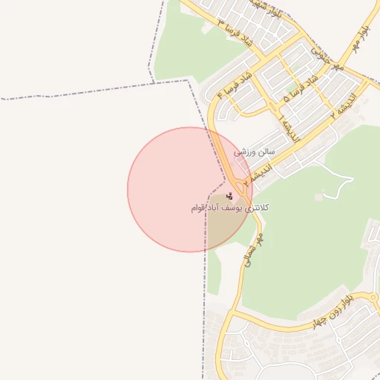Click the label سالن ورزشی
(255, 151)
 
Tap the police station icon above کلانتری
(230, 197)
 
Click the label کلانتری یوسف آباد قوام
(229, 209)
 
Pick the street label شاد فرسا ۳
(233, 34)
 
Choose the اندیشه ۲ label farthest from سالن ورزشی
(347, 102)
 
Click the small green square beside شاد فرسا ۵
(288, 96)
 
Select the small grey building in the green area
(318, 197)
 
